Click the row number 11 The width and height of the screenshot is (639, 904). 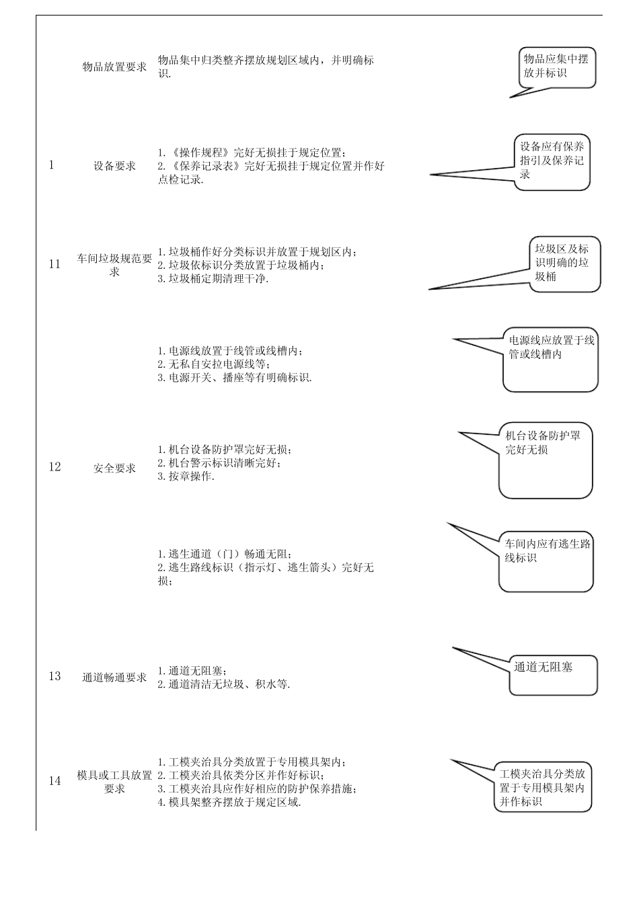54,264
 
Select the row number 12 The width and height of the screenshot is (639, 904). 54,467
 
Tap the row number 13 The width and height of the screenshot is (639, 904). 54,676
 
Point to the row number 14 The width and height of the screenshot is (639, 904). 54,781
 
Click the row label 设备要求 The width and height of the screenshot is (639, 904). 114,166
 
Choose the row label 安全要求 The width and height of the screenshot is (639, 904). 114,468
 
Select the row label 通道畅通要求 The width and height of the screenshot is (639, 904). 114,677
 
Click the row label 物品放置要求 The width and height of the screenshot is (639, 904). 114,67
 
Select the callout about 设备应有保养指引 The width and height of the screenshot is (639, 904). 552,161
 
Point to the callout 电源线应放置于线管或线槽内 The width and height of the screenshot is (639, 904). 551,362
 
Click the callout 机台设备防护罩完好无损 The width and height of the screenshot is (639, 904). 546,460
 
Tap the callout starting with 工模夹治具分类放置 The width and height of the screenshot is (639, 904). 543,787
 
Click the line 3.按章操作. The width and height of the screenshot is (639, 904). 186,477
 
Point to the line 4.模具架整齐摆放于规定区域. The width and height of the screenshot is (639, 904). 229,802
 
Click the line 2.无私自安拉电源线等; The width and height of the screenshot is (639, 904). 214,364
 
